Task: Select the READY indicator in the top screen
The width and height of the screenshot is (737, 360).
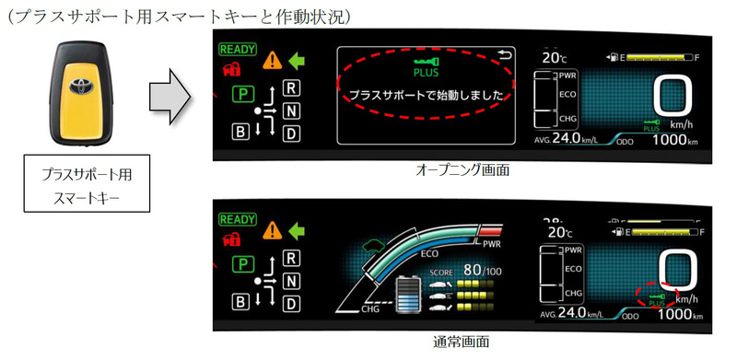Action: (237, 51)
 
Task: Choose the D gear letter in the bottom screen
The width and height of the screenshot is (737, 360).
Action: (291, 303)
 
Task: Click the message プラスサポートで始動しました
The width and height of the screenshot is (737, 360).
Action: (424, 95)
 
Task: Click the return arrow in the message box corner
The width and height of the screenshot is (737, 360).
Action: (503, 55)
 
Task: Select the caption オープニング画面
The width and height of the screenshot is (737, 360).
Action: (462, 170)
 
